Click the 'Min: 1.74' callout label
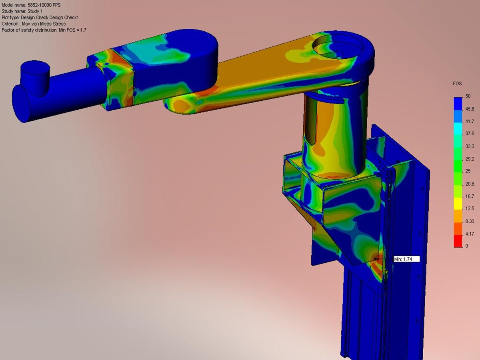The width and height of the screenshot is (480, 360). [x=406, y=259]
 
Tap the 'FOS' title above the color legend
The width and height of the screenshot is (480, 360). [x=458, y=84]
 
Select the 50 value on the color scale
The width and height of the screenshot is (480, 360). [x=468, y=96]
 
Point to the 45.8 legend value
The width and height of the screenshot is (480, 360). [x=469, y=109]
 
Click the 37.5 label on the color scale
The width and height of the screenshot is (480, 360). [x=469, y=134]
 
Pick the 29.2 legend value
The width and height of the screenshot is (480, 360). [x=469, y=159]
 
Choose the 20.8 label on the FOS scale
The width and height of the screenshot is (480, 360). [x=469, y=184]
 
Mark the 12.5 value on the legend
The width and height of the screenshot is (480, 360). [x=469, y=208]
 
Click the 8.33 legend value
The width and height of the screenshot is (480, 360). [x=469, y=221]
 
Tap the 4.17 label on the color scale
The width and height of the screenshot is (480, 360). [x=469, y=234]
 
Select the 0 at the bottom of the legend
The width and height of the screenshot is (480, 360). [x=466, y=246]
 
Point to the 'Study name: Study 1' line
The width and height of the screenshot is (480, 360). [x=22, y=11]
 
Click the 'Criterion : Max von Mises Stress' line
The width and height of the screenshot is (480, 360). [x=34, y=24]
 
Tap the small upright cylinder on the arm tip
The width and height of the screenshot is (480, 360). [x=34, y=74]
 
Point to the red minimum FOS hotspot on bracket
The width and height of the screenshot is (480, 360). [x=376, y=259]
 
